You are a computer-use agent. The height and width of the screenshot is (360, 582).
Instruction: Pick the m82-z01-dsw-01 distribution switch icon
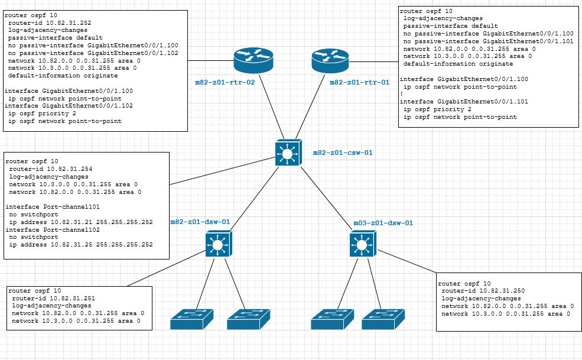[219, 244]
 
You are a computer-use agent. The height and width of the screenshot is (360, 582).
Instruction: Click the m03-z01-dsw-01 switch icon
[361, 244]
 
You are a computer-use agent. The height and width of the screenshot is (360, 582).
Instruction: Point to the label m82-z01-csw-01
[343, 153]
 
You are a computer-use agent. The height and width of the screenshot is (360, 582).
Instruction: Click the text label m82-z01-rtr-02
[225, 82]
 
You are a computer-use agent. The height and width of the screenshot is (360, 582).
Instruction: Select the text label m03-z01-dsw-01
[383, 223]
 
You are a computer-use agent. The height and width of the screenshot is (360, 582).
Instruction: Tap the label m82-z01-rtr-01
[359, 82]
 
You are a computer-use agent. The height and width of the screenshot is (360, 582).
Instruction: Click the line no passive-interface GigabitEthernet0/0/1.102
[93, 53]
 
